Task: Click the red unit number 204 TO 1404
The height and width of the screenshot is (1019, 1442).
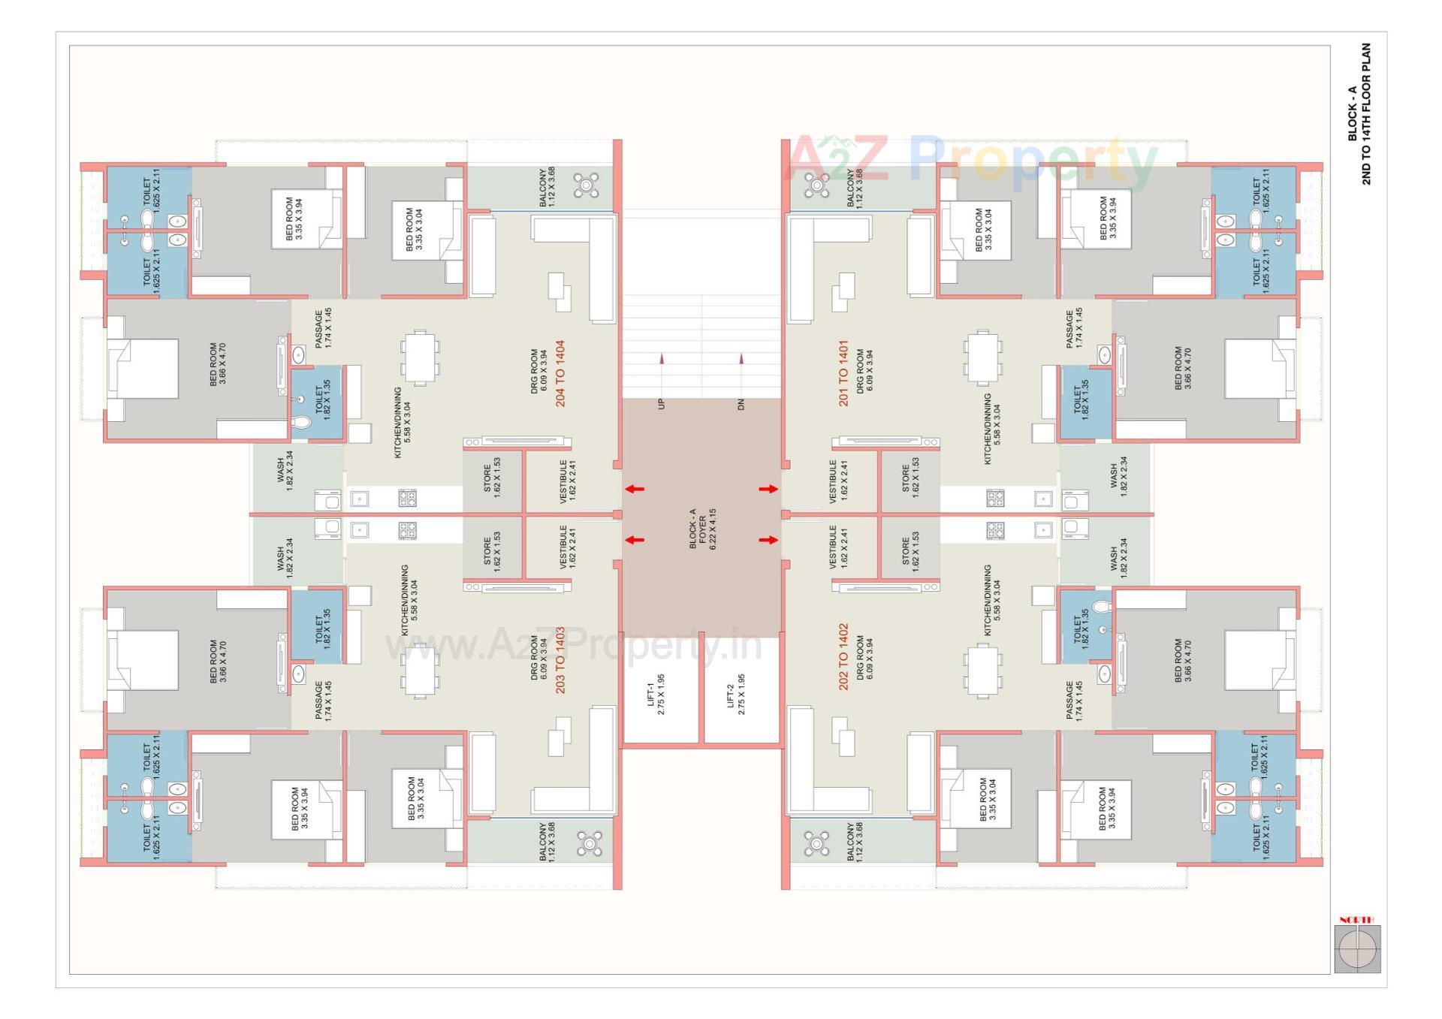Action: pyautogui.click(x=560, y=374)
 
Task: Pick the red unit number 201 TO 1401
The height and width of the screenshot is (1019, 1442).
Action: pyautogui.click(x=843, y=374)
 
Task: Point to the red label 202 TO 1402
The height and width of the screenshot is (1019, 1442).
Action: pyautogui.click(x=843, y=657)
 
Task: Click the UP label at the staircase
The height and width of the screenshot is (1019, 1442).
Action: pyautogui.click(x=662, y=404)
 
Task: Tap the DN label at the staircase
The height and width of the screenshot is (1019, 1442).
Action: pyautogui.click(x=741, y=404)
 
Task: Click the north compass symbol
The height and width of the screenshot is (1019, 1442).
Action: pyautogui.click(x=1357, y=949)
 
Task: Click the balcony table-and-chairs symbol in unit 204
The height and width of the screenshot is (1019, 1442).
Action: pyautogui.click(x=586, y=185)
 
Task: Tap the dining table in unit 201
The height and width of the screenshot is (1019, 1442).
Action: pyautogui.click(x=982, y=358)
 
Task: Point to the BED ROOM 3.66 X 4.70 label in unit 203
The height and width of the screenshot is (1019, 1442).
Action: pyautogui.click(x=218, y=661)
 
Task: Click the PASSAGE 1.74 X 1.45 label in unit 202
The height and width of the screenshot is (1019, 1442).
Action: pyautogui.click(x=1074, y=701)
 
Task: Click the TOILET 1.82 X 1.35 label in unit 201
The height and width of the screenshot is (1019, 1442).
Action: pyautogui.click(x=1081, y=402)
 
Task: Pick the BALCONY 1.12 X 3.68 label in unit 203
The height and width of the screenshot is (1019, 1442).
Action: pyautogui.click(x=547, y=841)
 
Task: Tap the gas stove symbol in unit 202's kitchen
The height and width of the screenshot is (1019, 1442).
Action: pyautogui.click(x=995, y=531)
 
